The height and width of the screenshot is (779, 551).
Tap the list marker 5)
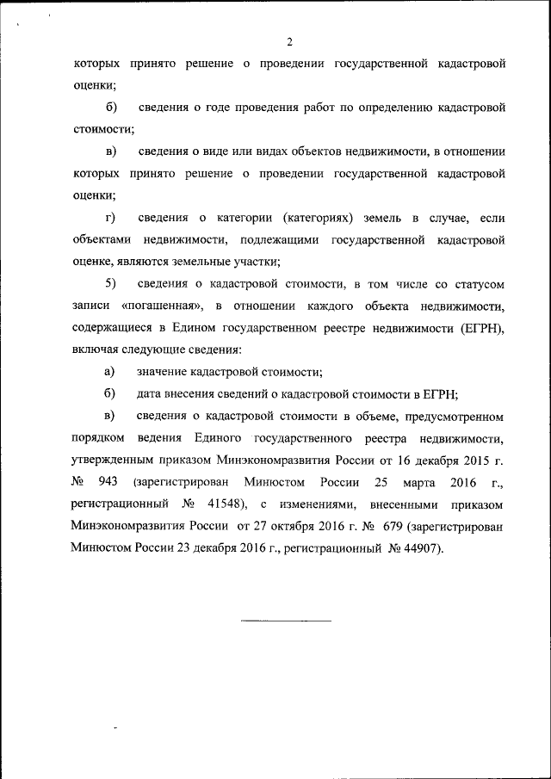110,283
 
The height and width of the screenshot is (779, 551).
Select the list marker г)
109,217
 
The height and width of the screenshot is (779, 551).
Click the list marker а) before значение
109,372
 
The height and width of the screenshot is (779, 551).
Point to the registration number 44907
421,548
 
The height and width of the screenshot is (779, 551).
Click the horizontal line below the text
285,620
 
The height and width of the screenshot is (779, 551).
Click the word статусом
478,283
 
